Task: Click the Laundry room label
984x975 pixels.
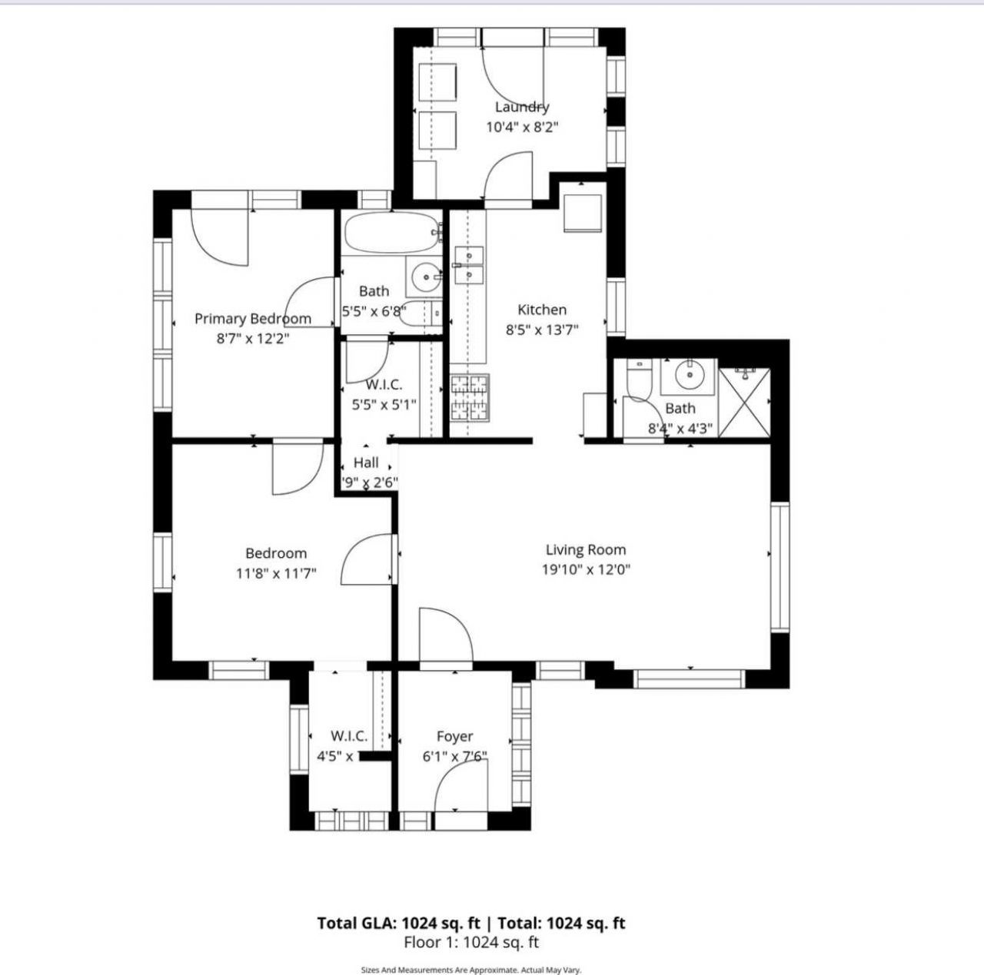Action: pyautogui.click(x=521, y=107)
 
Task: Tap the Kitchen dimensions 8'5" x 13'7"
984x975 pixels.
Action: pyautogui.click(x=542, y=330)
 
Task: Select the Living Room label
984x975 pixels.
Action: pyautogui.click(x=585, y=549)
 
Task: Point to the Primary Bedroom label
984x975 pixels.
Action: pyautogui.click(x=252, y=318)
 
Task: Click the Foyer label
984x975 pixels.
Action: pyautogui.click(x=454, y=736)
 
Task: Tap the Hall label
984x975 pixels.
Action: pyautogui.click(x=366, y=463)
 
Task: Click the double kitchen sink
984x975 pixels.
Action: pyautogui.click(x=468, y=264)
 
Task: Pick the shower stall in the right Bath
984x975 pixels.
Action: pyautogui.click(x=744, y=403)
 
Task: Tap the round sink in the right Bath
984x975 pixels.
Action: pyautogui.click(x=688, y=375)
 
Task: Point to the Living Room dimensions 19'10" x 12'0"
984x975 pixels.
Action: pyautogui.click(x=586, y=569)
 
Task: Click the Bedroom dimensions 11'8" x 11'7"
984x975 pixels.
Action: pyautogui.click(x=276, y=573)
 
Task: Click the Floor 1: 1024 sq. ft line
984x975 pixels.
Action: pyautogui.click(x=471, y=942)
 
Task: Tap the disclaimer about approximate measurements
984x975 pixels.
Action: pyautogui.click(x=471, y=970)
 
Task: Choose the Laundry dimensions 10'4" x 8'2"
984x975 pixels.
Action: pyautogui.click(x=521, y=127)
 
